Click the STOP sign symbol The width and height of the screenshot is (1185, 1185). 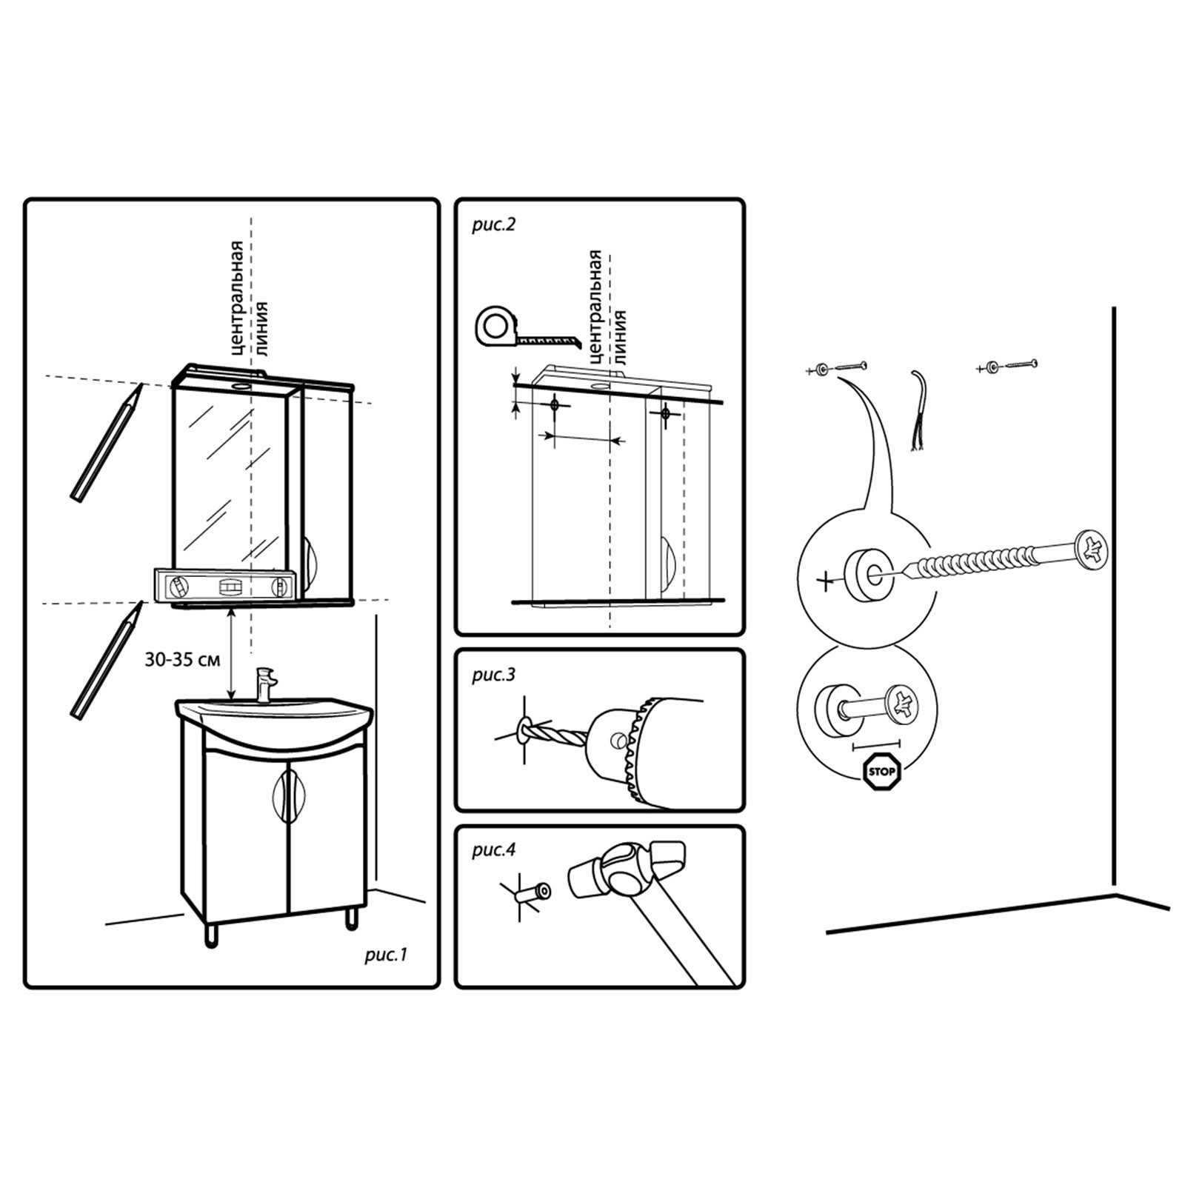882,772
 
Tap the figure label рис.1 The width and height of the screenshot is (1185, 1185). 386,955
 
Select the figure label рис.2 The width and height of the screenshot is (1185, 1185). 493,224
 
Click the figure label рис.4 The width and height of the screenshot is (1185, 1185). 493,849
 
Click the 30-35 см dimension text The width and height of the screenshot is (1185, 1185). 182,659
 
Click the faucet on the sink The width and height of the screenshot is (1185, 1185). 264,684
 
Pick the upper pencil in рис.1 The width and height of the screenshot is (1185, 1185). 106,441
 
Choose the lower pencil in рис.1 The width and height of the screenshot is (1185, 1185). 106,659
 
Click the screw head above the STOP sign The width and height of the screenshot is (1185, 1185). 906,704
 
